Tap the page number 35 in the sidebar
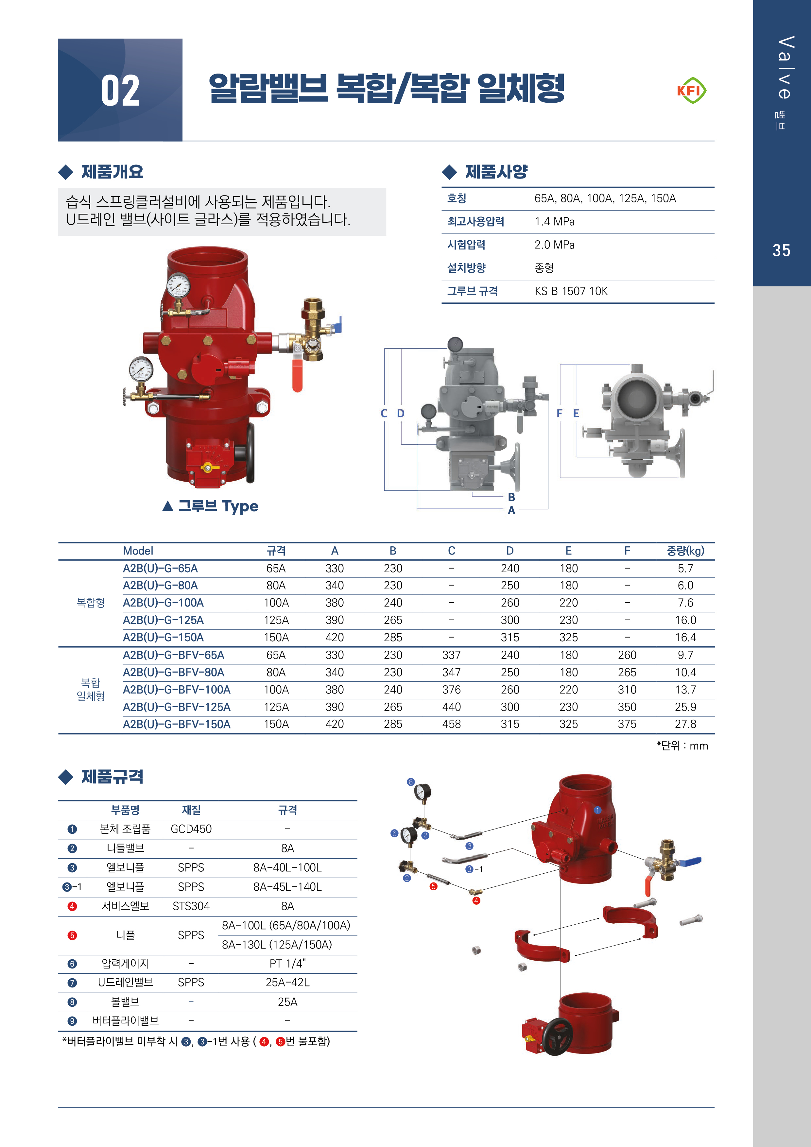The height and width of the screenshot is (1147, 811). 781,250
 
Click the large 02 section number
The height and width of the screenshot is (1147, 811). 120,91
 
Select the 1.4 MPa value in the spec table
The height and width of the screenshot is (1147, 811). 554,222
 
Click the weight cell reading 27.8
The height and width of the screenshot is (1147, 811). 685,724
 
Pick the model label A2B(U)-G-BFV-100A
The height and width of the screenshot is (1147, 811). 176,689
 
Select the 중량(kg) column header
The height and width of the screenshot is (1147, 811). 685,551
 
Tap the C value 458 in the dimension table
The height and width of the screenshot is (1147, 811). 451,724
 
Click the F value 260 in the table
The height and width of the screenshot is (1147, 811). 627,655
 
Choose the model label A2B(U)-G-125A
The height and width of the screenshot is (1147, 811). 163,620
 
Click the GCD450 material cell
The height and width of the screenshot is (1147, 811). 191,829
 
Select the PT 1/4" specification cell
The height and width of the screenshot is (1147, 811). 287,964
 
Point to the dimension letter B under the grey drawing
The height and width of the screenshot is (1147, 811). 511,497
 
